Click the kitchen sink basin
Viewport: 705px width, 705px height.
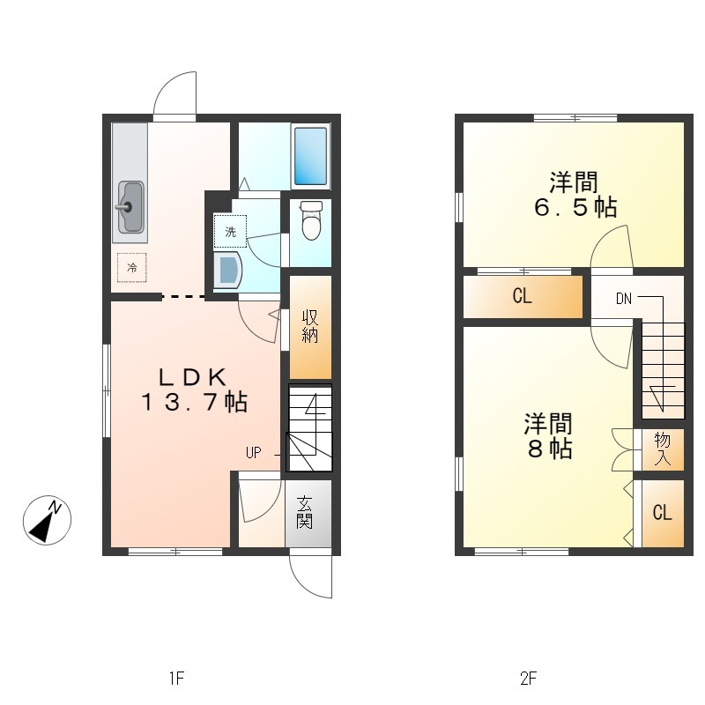tap(131, 206)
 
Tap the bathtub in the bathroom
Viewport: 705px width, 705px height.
tap(310, 156)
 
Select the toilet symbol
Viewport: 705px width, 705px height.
tap(311, 220)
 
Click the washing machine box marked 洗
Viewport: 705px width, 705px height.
tap(230, 232)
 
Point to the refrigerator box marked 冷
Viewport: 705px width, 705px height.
tap(131, 268)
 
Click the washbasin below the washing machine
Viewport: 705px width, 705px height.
tap(228, 270)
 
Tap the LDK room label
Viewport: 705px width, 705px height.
tap(192, 378)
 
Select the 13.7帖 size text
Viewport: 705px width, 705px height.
tap(194, 402)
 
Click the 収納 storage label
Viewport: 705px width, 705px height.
tap(310, 326)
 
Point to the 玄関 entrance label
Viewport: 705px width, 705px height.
tap(304, 512)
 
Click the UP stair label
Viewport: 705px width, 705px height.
tap(254, 453)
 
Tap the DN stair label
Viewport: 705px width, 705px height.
tap(624, 299)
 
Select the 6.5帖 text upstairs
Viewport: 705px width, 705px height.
tap(575, 207)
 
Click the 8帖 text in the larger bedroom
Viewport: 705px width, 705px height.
tap(549, 449)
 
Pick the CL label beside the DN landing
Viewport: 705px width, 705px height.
tap(522, 296)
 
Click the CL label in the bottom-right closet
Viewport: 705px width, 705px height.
tap(663, 512)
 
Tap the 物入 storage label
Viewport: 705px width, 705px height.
tap(663, 449)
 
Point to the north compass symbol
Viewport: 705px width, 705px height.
tap(48, 520)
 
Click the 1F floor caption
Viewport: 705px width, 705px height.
tap(177, 678)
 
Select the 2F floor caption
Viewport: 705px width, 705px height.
tap(529, 678)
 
